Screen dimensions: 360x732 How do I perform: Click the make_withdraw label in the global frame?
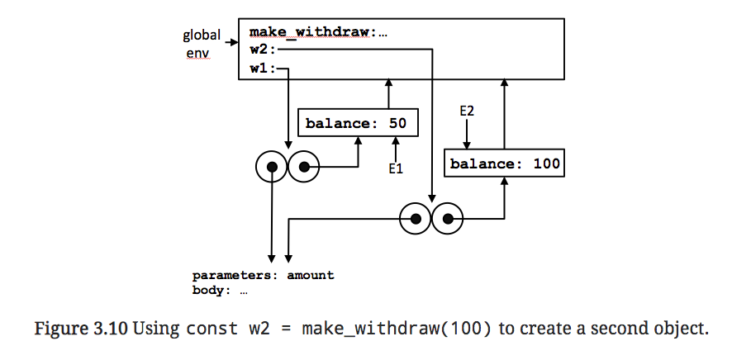tap(312, 32)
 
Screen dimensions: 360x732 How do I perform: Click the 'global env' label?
tap(202, 43)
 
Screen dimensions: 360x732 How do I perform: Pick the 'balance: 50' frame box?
tap(357, 124)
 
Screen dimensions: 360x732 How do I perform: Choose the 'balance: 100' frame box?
tap(505, 163)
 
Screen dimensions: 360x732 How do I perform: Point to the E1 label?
tap(395, 169)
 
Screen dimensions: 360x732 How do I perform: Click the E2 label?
tap(468, 110)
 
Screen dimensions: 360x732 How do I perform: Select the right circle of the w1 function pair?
tap(303, 167)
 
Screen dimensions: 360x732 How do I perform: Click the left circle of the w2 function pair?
tap(416, 219)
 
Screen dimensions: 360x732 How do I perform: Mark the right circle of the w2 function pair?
tap(448, 219)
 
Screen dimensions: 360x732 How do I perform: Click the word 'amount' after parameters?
tap(311, 275)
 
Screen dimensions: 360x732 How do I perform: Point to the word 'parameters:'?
tap(236, 275)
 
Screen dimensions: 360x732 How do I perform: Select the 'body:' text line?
tap(220, 290)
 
